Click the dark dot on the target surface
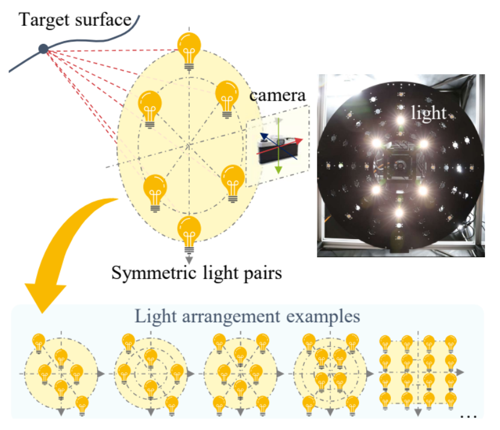coord(43,49)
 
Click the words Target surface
coord(75,20)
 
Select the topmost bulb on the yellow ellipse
coord(189,48)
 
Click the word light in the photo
coord(428,113)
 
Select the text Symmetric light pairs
coord(196,274)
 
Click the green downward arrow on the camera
coord(279,166)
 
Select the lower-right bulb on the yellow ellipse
coord(233,181)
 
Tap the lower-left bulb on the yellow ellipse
coord(155,191)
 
